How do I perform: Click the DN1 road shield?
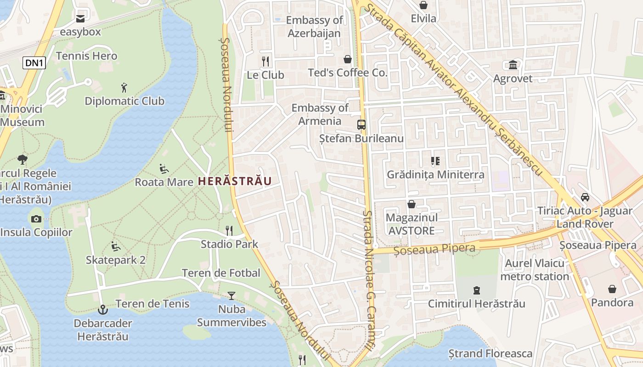click(34, 63)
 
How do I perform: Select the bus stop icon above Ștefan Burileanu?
click(361, 124)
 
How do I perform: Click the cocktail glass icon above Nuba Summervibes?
click(231, 296)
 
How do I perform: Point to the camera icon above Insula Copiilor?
click(36, 219)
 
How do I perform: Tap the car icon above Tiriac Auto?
click(585, 197)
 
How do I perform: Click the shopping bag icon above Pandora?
click(612, 289)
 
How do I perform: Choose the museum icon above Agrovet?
click(513, 65)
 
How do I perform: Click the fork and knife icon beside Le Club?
click(265, 61)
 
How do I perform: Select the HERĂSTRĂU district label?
click(235, 181)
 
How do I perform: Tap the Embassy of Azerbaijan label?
click(314, 27)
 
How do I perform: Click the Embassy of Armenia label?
click(320, 114)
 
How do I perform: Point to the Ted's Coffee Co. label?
click(348, 72)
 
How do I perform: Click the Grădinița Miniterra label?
click(435, 174)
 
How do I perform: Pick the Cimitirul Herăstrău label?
click(476, 304)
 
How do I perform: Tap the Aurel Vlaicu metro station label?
click(535, 270)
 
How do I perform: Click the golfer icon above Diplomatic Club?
click(124, 88)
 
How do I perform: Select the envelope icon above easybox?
click(80, 19)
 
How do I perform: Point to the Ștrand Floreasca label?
click(491, 354)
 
